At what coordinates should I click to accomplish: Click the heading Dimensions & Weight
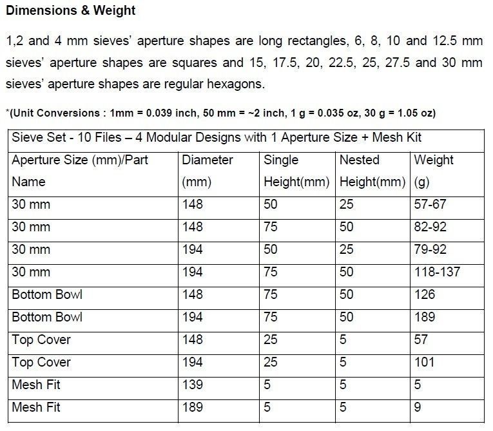click(71, 12)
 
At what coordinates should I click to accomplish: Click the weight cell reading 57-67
click(430, 205)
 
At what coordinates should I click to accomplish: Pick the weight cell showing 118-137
click(437, 273)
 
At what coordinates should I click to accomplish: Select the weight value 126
click(425, 295)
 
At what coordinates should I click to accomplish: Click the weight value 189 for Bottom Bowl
click(425, 318)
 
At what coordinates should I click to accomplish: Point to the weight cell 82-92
click(430, 227)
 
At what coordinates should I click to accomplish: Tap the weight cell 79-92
click(430, 250)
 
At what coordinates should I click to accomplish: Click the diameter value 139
click(192, 385)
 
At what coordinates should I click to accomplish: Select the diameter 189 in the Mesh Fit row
click(192, 407)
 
